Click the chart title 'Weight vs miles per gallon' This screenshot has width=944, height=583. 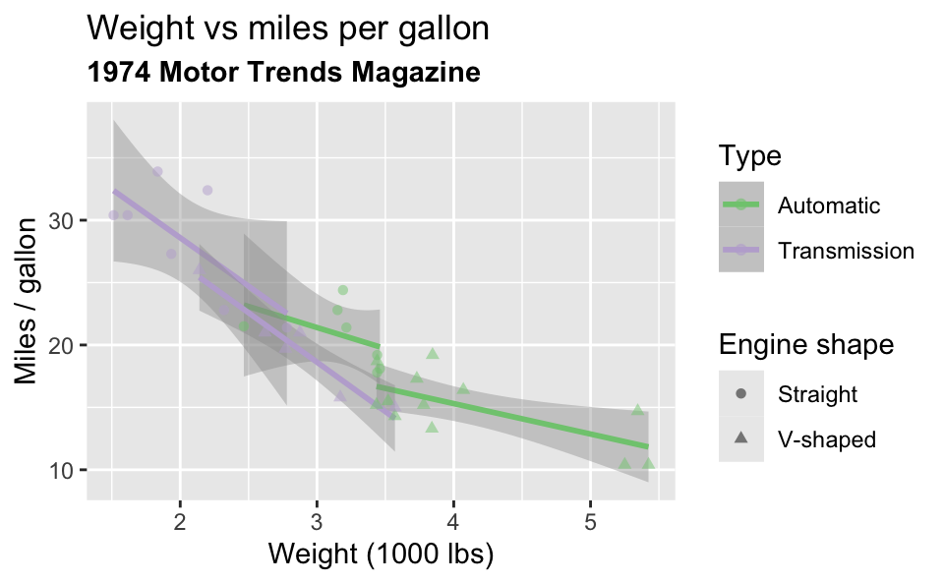[x=288, y=29]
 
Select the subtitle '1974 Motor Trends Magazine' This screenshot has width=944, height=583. [x=283, y=73]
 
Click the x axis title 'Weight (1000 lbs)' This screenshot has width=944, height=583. [x=381, y=555]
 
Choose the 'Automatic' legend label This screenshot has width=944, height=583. [x=828, y=205]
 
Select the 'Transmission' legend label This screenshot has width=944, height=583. [x=846, y=251]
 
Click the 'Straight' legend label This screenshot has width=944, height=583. [x=817, y=394]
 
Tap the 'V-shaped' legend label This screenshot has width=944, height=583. [x=826, y=439]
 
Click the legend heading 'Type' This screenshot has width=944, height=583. [x=749, y=156]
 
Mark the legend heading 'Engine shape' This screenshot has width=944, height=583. [x=805, y=344]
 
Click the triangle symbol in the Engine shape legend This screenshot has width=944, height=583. [x=740, y=439]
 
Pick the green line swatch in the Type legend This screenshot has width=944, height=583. [x=740, y=204]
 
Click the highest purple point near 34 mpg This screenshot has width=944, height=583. [x=157, y=172]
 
